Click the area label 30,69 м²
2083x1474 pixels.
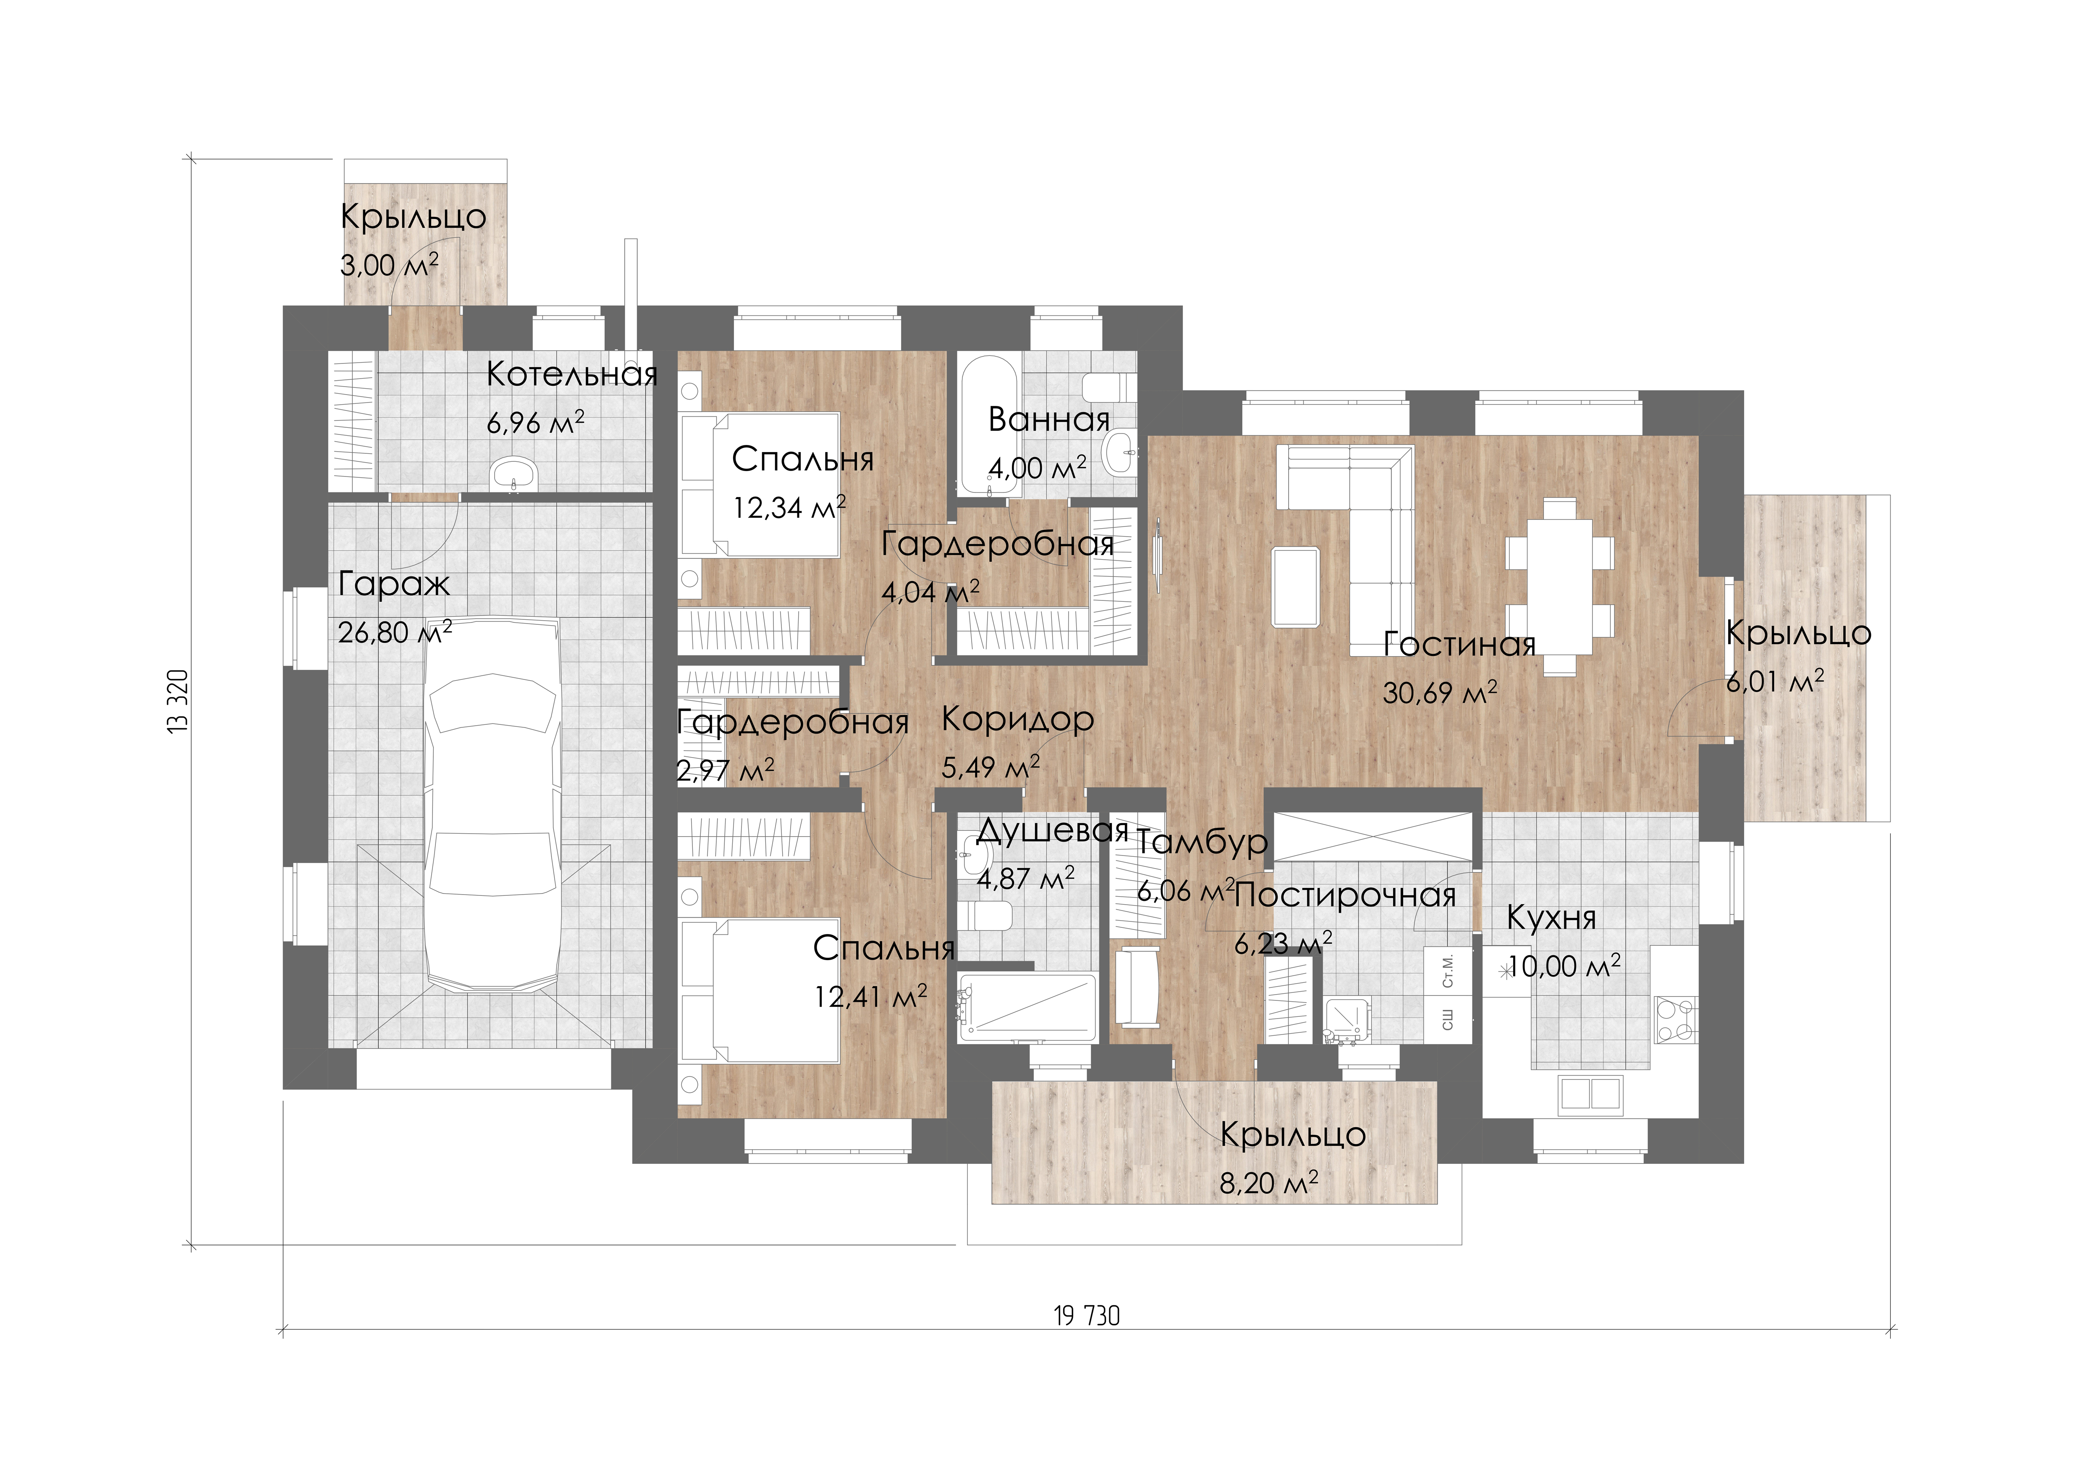(1440, 692)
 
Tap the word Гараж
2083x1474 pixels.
(394, 584)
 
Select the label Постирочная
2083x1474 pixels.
(1345, 897)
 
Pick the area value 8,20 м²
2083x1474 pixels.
(1268, 1183)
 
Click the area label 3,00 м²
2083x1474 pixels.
(389, 265)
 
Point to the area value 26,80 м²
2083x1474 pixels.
(395, 632)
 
